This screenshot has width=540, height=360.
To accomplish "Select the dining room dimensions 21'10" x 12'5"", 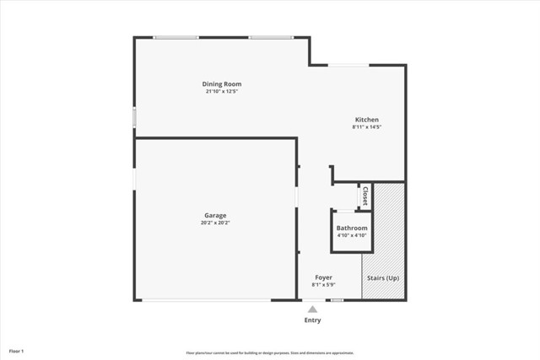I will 222,91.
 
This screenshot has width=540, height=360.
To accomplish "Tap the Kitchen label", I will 366,120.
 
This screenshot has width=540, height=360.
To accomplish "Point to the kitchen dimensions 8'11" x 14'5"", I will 367,127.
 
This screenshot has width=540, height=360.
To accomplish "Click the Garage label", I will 215,215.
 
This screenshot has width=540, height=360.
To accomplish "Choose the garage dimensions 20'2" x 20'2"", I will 215,223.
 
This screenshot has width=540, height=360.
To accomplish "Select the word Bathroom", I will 352,228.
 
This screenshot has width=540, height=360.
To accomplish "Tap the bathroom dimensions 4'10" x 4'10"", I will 352,235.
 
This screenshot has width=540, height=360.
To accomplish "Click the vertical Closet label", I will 364,196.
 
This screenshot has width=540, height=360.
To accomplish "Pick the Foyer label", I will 323,277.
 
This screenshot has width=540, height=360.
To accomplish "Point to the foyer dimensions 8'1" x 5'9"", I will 323,285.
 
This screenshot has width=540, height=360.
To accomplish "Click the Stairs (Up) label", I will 382,277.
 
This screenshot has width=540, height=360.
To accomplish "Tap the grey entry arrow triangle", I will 312,309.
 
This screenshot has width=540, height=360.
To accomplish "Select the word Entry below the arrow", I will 312,320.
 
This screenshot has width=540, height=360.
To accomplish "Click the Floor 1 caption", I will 17,350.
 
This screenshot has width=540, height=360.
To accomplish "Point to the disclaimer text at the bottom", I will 270,352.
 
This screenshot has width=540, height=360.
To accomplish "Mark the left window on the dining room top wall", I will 175,37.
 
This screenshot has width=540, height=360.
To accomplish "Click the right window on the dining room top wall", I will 270,37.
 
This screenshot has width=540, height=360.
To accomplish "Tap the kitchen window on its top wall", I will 346,65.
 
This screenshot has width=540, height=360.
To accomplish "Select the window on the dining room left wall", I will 134,116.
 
